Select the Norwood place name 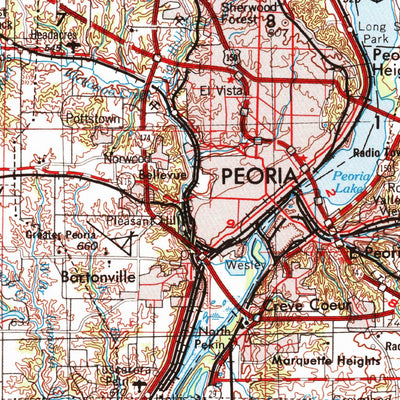pyautogui.click(x=127, y=158)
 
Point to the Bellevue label pyautogui.click(x=141, y=173)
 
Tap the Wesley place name pyautogui.click(x=244, y=266)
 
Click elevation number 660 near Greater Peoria pyautogui.click(x=89, y=246)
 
